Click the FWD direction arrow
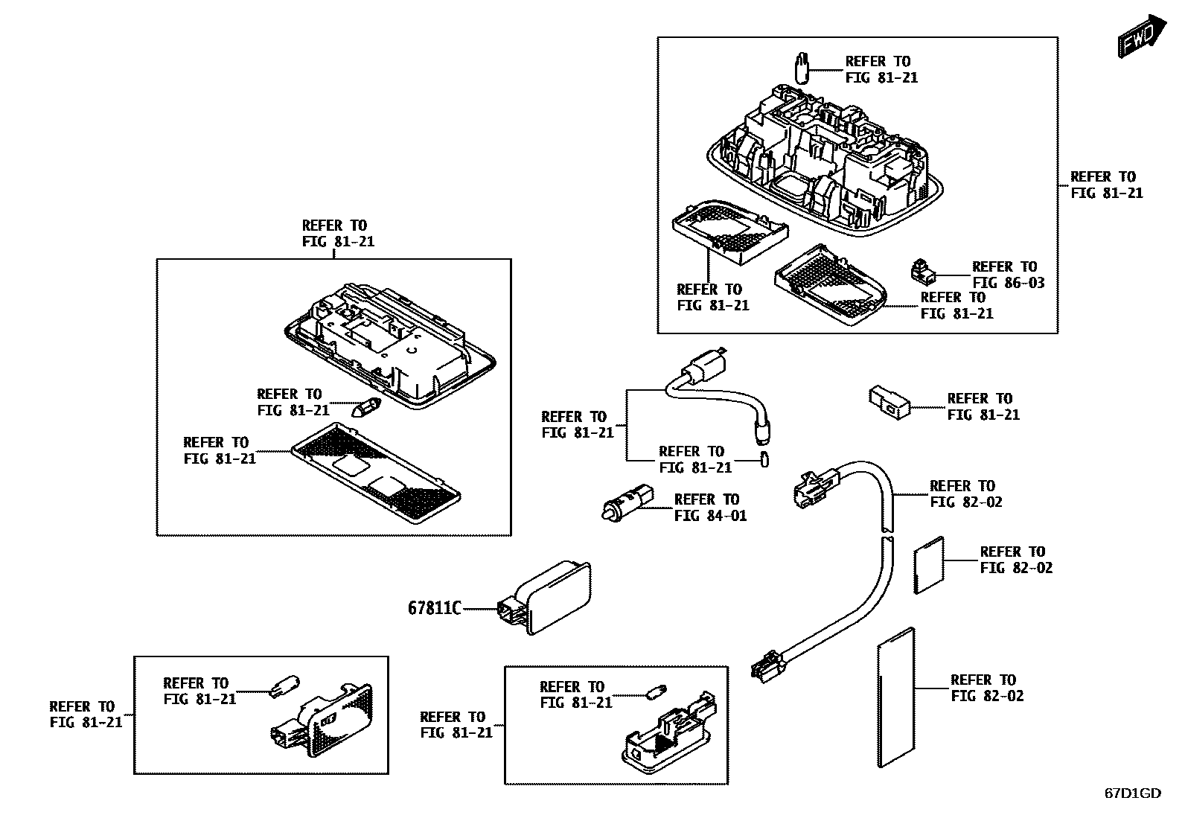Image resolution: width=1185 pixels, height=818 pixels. (x=1139, y=37)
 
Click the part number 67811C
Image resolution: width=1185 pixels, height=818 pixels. (x=434, y=608)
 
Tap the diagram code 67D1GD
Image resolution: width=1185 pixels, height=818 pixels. (x=1131, y=793)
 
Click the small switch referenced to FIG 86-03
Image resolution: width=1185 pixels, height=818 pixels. (x=922, y=271)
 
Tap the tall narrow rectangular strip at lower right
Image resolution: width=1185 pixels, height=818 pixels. (x=896, y=697)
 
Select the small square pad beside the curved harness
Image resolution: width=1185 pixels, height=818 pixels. (x=929, y=565)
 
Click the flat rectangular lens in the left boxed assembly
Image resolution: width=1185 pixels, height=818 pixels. (x=375, y=473)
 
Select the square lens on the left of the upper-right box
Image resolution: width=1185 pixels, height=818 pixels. (x=729, y=230)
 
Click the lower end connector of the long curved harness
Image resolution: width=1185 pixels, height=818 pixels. (x=767, y=665)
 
